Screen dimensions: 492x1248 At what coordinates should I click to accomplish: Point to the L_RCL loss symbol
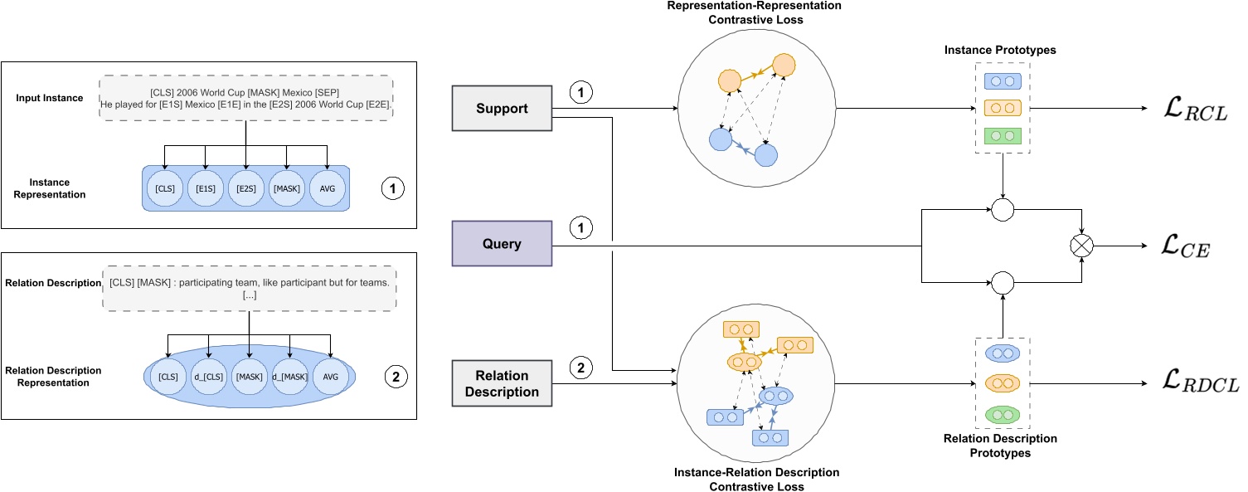1195,111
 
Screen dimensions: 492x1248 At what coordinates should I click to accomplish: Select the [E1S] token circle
206,189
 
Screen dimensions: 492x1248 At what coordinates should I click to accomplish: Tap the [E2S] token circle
246,189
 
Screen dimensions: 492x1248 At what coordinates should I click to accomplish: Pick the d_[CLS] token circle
208,377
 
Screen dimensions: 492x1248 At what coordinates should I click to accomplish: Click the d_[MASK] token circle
290,377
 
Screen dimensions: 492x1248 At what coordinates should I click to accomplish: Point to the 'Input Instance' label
49,98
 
